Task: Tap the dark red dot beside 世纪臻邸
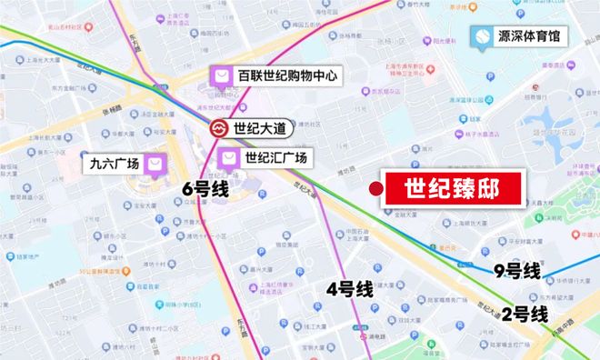click(375, 188)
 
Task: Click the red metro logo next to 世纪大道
click(220, 128)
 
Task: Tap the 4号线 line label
click(350, 290)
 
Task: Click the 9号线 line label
click(516, 270)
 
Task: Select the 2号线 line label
click(525, 315)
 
